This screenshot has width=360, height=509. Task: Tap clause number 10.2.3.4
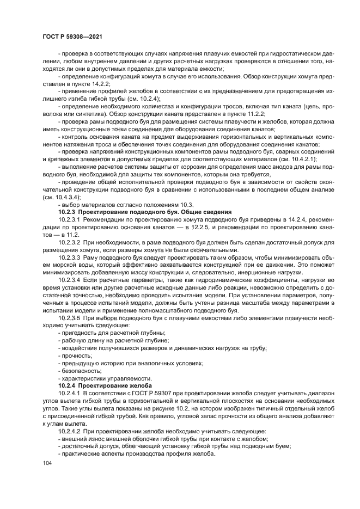[x=69, y=279]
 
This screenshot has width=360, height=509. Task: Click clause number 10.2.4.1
[x=69, y=392]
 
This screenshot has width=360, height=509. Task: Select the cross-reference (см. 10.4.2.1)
[x=296, y=158]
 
